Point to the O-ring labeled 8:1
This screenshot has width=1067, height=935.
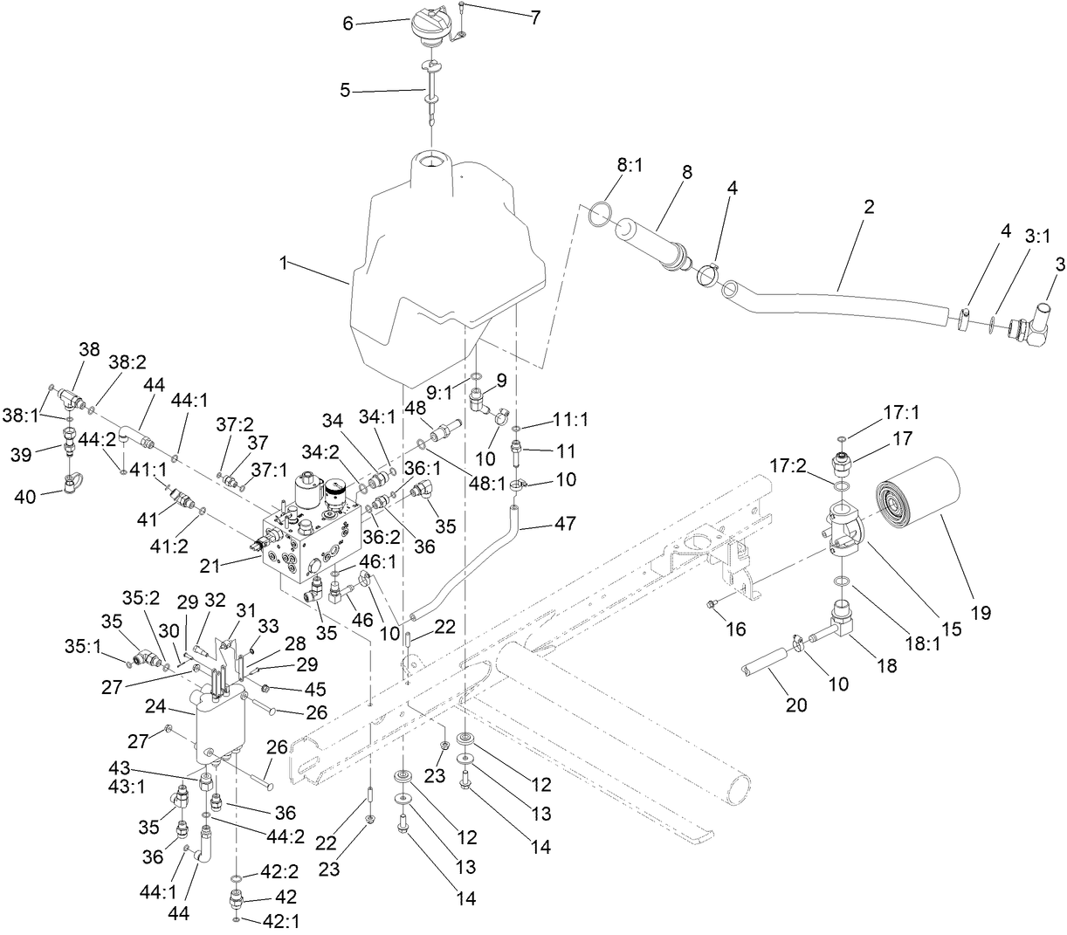(602, 214)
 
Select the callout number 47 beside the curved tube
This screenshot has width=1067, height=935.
(567, 525)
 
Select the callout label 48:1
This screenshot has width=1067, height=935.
(489, 485)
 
